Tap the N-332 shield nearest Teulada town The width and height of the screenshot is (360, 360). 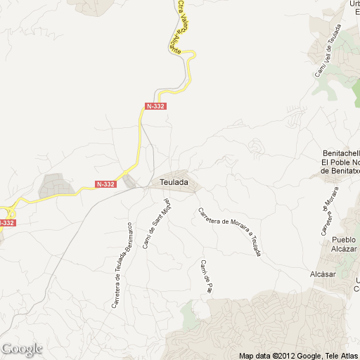(x=105, y=184)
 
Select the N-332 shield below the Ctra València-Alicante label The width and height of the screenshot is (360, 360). (x=155, y=105)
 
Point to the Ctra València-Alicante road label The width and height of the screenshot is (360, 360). (x=183, y=27)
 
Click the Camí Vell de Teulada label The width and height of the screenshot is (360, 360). (x=328, y=51)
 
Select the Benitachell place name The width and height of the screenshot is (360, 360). (x=340, y=153)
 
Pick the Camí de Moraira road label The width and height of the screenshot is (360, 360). (x=329, y=212)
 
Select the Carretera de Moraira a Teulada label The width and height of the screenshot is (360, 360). (x=230, y=231)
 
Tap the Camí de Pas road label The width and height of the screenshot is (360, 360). (x=206, y=276)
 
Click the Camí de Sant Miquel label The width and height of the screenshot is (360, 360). (x=161, y=224)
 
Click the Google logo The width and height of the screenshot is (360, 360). (x=22, y=349)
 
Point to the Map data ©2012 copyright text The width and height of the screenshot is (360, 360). (x=278, y=354)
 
